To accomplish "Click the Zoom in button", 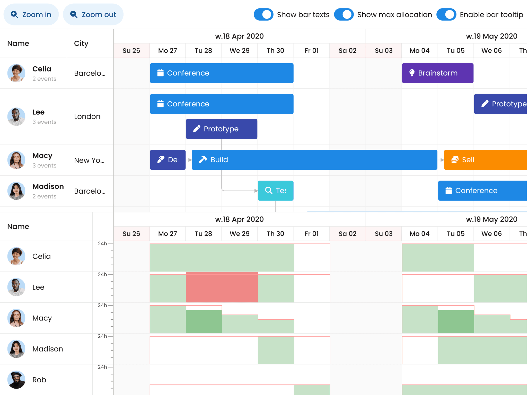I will coord(31,15).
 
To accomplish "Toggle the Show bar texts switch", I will coord(263,15).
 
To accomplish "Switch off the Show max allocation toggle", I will coord(344,15).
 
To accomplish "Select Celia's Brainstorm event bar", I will coord(437,73).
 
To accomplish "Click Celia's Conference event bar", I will coord(222,73).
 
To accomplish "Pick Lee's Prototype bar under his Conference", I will coord(222,129).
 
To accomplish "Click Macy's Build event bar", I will coord(314,160).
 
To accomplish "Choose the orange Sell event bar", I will coord(485,160).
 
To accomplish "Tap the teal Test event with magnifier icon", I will coord(276,191).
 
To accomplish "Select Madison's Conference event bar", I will coord(482,191).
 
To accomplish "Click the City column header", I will coord(81,43).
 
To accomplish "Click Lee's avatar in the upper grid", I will coord(16,116).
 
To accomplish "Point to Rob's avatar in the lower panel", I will coord(16,380).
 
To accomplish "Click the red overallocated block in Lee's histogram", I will coord(222,287).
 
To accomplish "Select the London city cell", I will coord(87,116).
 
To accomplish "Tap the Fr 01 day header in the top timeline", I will coord(312,51).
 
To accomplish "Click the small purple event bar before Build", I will coord(168,160).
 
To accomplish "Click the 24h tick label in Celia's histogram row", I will coord(102,244).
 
